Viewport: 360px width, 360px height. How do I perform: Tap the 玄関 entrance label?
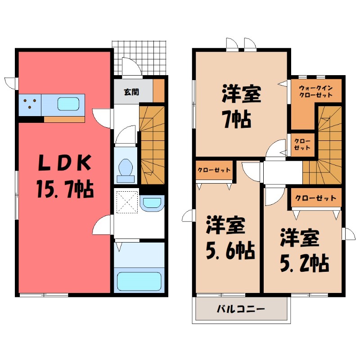pyautogui.click(x=131, y=92)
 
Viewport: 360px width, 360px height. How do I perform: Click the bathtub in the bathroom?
pyautogui.click(x=139, y=281)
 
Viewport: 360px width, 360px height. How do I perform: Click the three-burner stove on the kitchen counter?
pyautogui.click(x=30, y=104)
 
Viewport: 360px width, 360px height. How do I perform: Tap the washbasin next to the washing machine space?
pyautogui.click(x=152, y=203)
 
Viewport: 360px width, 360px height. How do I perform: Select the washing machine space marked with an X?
pyautogui.click(x=126, y=202)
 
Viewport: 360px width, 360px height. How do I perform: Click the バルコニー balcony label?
pyautogui.click(x=240, y=309)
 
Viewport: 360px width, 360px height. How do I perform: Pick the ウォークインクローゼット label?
pyautogui.click(x=315, y=92)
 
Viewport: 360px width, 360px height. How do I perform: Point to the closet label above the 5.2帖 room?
pyautogui.click(x=315, y=198)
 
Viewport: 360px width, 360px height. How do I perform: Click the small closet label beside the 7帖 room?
pyautogui.click(x=301, y=144)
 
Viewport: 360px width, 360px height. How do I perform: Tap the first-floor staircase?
pyautogui.click(x=152, y=144)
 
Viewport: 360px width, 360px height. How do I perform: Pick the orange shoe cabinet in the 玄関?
pyautogui.click(x=159, y=91)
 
